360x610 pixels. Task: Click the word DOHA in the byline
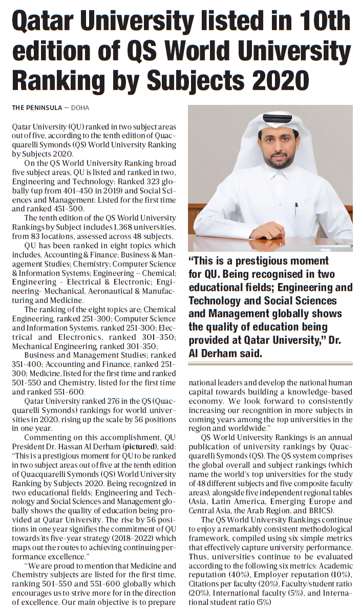click(80, 108)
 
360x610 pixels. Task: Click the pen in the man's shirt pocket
click(296, 210)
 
